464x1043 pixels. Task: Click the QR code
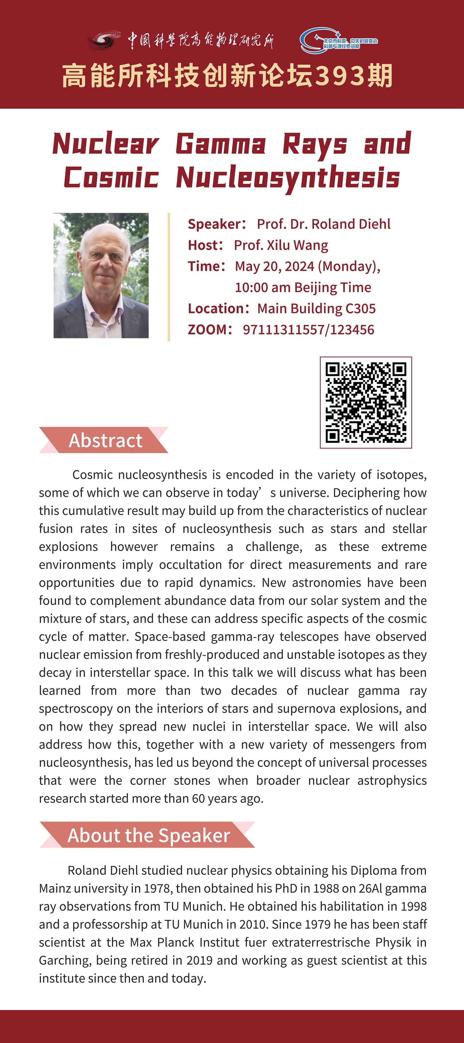click(366, 403)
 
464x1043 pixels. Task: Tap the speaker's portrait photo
click(101, 275)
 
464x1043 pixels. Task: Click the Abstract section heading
click(105, 440)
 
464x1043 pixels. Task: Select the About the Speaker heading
click(149, 835)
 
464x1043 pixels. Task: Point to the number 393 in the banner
click(339, 76)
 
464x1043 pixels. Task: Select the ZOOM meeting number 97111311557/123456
click(308, 330)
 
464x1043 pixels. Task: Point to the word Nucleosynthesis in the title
click(288, 178)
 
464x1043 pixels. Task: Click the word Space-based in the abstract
click(170, 637)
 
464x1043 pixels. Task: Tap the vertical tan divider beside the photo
click(169, 277)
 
